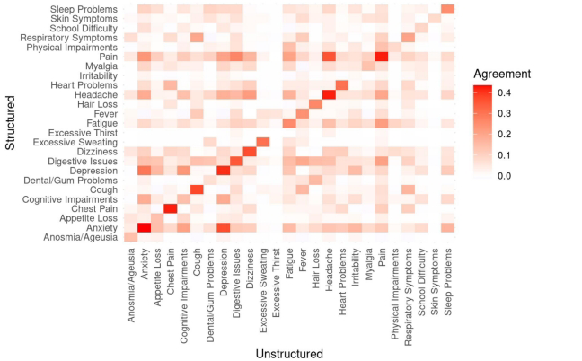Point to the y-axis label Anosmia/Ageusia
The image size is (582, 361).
tap(78, 237)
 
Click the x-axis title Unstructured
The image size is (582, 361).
tap(289, 353)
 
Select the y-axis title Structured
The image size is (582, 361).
tap(10, 123)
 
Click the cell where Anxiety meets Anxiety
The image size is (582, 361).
tap(145, 227)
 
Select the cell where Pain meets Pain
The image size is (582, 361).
tap(382, 57)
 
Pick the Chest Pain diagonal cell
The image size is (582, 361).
tap(171, 208)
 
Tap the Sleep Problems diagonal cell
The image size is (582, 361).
tap(447, 9)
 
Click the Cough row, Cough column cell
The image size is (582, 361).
tap(197, 189)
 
